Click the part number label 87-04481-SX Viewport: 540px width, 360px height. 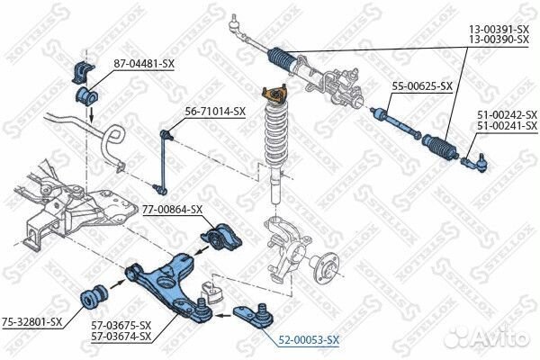(x=142, y=63)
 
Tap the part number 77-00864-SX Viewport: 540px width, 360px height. (x=173, y=210)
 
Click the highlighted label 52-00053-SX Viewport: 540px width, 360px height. (x=309, y=339)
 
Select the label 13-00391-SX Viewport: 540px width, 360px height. (x=502, y=29)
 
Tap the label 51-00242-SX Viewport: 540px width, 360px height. (x=506, y=114)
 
